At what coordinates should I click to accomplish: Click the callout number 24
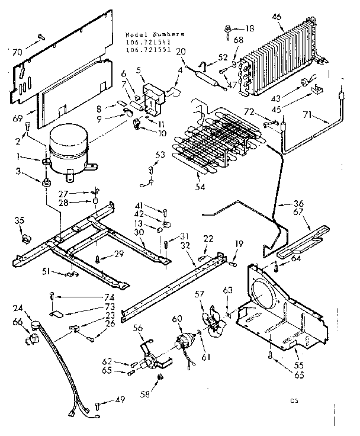pos(18,308)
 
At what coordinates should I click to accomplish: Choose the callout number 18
pos(249,28)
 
